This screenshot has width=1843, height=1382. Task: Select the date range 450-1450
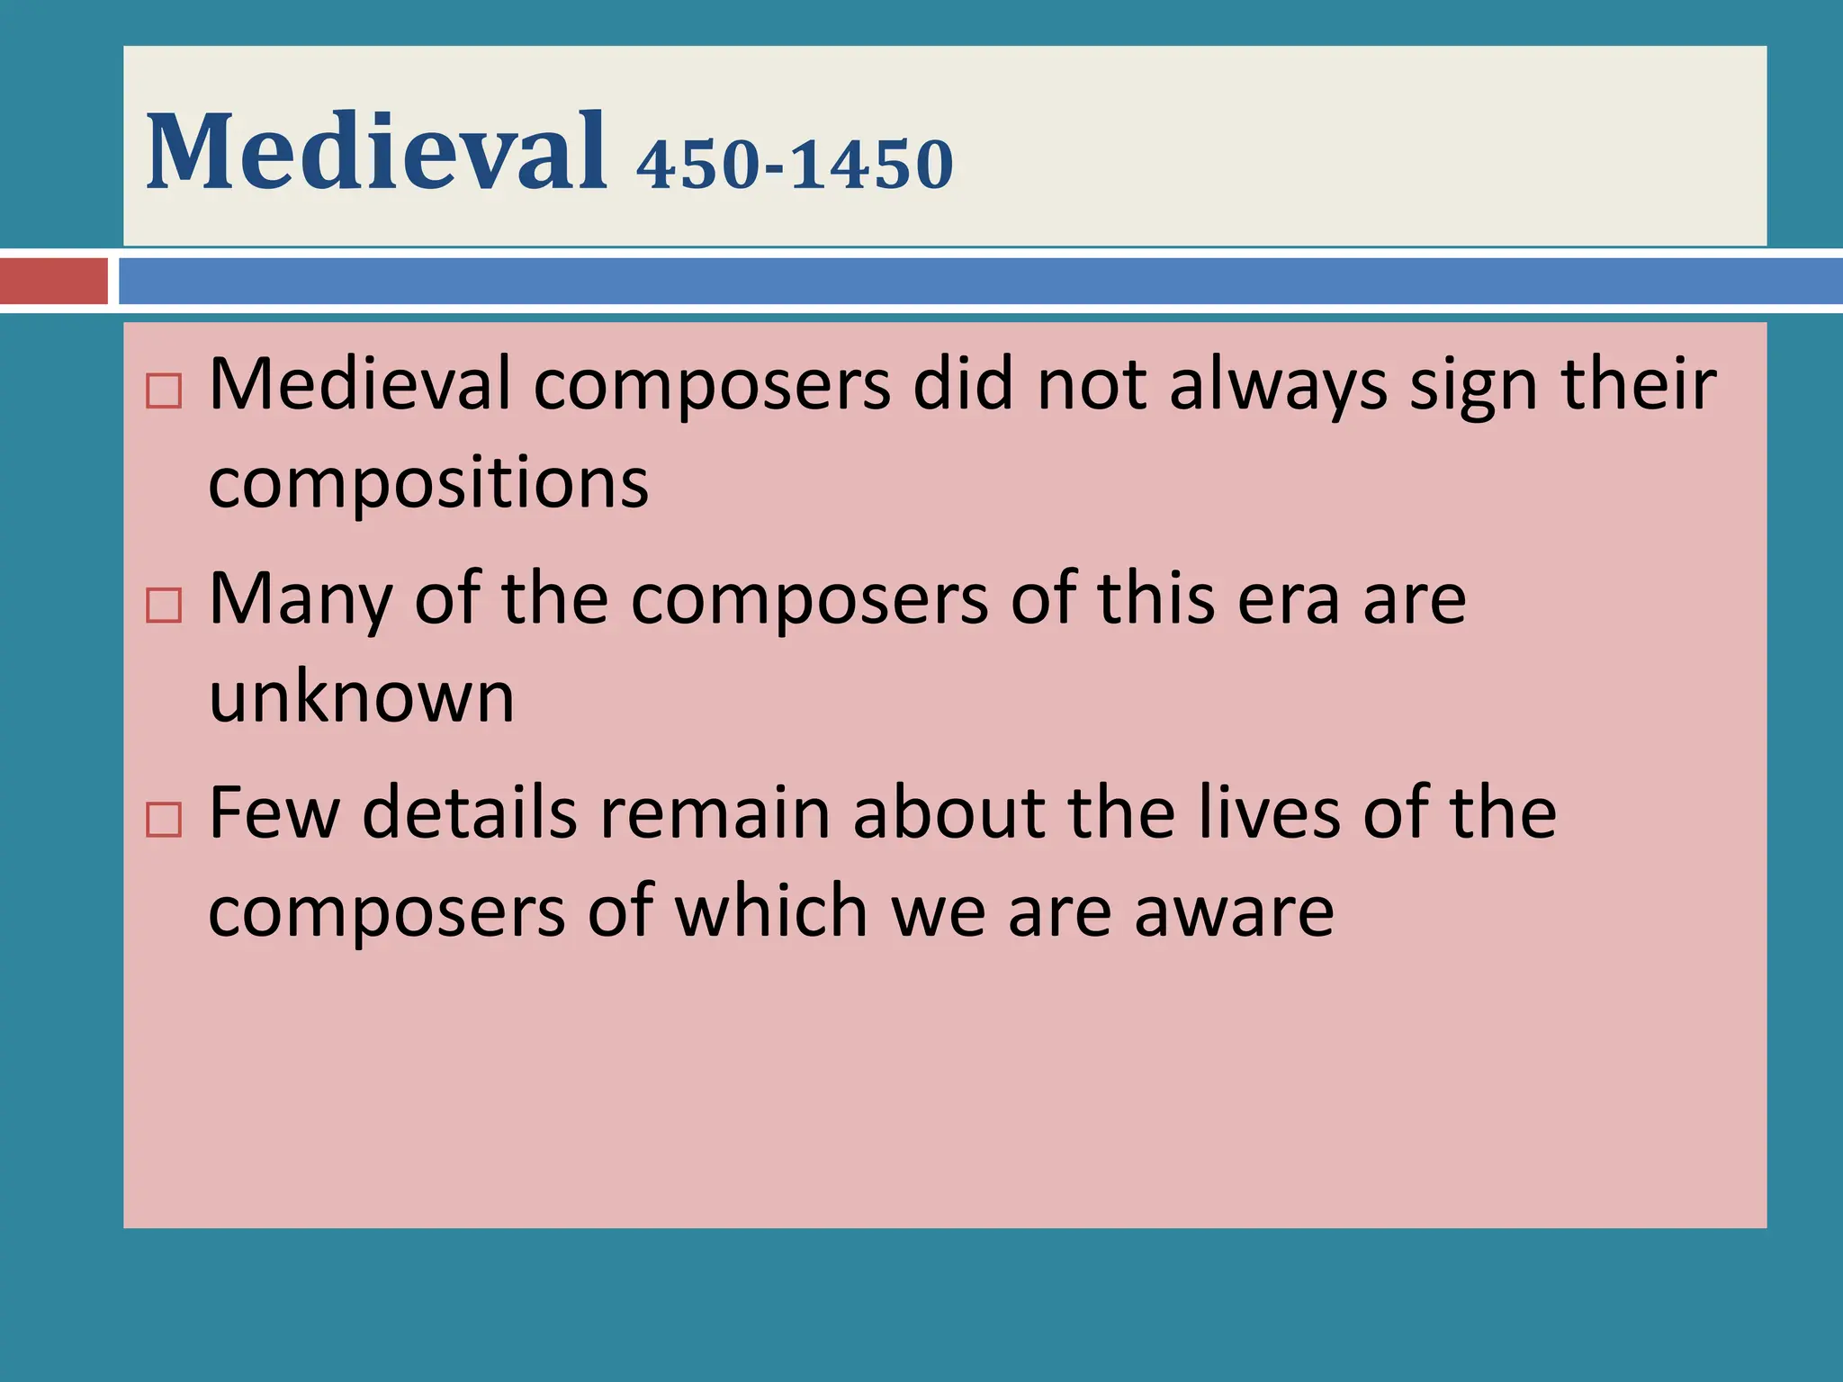tap(795, 164)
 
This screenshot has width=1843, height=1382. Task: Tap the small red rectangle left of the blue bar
tap(53, 281)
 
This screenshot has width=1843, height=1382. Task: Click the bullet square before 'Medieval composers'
tap(164, 391)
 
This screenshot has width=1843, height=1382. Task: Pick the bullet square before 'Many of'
tap(164, 606)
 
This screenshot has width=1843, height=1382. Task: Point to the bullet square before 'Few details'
tap(164, 820)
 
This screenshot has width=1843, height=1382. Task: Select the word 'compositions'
tap(428, 484)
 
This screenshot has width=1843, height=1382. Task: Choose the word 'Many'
tap(301, 601)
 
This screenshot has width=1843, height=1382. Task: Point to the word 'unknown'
tap(362, 697)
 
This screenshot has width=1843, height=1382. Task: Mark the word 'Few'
tap(274, 813)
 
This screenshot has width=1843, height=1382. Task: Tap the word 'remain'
tap(715, 813)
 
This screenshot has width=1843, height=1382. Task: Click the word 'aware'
tap(1234, 912)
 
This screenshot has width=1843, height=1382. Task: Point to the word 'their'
tap(1639, 385)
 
